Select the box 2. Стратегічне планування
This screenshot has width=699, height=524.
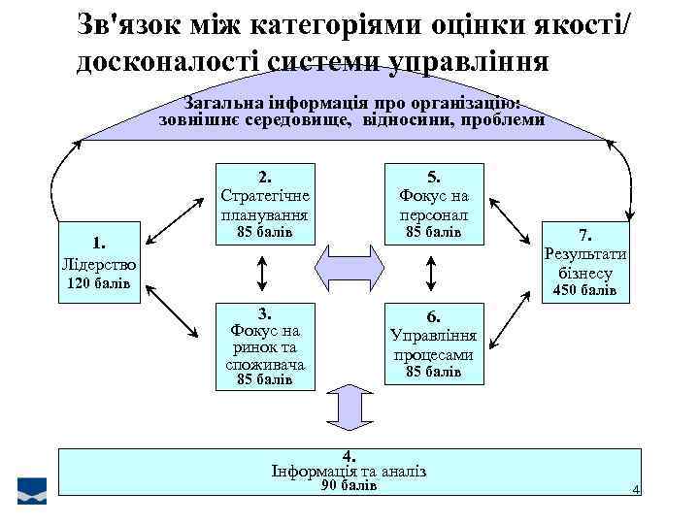click(x=264, y=205)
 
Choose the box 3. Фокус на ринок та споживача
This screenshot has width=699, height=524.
click(x=264, y=346)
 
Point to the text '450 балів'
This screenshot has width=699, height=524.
click(x=583, y=291)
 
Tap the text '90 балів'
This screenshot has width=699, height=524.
click(x=349, y=485)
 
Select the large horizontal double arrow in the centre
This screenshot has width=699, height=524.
click(x=347, y=264)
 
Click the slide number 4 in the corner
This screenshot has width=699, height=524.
click(x=636, y=490)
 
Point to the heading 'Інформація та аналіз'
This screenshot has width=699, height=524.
click(x=349, y=471)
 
